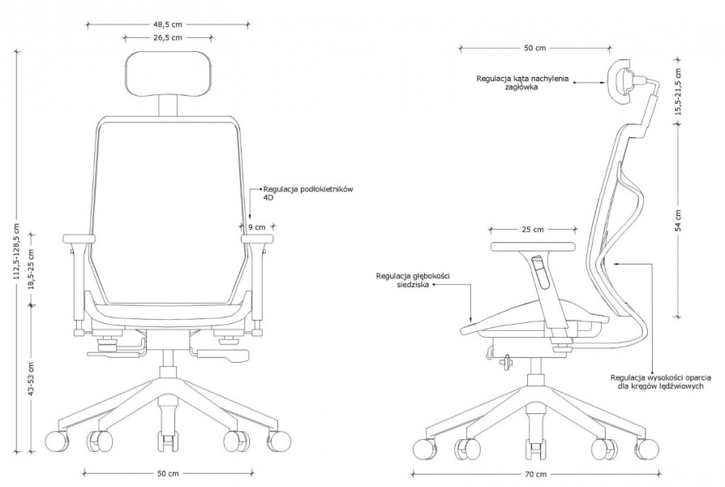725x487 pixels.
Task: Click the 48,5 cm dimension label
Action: coord(168,24)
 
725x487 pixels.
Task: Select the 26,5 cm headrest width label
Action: coord(168,37)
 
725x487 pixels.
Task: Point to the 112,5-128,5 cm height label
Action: coord(17,251)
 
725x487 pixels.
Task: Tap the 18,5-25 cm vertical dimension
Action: coord(31,269)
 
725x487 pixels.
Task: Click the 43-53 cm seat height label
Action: coord(31,379)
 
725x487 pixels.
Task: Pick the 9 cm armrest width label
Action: coord(257,226)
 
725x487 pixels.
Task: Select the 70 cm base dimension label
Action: coord(535,474)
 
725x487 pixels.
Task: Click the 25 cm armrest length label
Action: coord(533,229)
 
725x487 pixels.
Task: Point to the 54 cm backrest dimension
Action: coord(678,220)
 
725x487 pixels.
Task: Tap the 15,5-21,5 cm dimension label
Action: coord(678,92)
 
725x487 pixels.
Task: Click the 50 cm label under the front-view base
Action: coord(168,473)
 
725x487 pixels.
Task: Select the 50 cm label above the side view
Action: coord(535,48)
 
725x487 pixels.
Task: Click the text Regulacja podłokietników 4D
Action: coord(308,193)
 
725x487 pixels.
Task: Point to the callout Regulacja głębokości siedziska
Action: coord(413,280)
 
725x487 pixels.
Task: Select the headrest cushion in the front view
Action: coord(169,74)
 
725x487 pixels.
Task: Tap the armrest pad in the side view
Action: coord(533,247)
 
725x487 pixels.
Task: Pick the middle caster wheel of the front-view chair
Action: coord(168,442)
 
